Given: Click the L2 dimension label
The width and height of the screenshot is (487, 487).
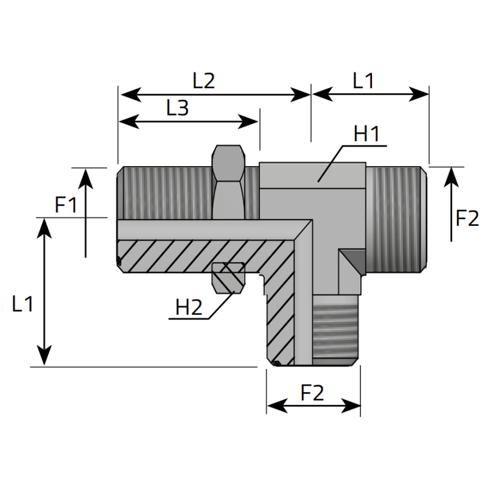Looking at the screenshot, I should [x=204, y=81].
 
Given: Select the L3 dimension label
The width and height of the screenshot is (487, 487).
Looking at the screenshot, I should [x=177, y=108].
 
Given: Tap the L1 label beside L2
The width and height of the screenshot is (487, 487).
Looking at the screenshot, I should [x=363, y=81].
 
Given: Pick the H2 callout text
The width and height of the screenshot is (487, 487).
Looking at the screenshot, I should [x=188, y=307].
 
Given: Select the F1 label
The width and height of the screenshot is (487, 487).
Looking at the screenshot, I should [x=66, y=205].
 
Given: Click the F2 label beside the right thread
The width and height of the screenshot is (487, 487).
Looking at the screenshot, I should [x=468, y=218].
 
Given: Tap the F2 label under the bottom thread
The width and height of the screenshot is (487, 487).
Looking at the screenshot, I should [x=312, y=394].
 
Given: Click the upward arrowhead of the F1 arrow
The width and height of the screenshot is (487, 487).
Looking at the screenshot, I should [x=86, y=177].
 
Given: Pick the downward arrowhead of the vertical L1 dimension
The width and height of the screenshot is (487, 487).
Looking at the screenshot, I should [x=44, y=357].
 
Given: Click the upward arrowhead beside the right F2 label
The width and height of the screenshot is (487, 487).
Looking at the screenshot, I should [x=451, y=175].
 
